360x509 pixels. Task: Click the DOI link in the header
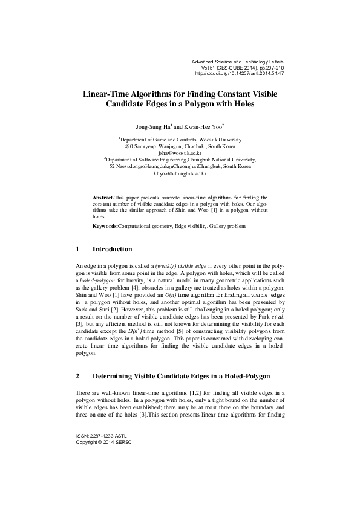point(240,74)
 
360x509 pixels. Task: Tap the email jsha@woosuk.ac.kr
point(180,153)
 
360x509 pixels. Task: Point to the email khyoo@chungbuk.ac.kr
point(180,173)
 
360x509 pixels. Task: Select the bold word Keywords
point(105,225)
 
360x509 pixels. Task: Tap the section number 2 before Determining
point(77,375)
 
